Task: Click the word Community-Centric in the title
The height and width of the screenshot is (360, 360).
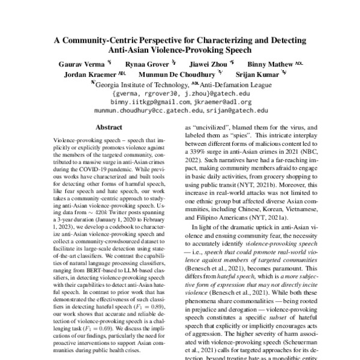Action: pyautogui.click(x=118, y=41)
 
